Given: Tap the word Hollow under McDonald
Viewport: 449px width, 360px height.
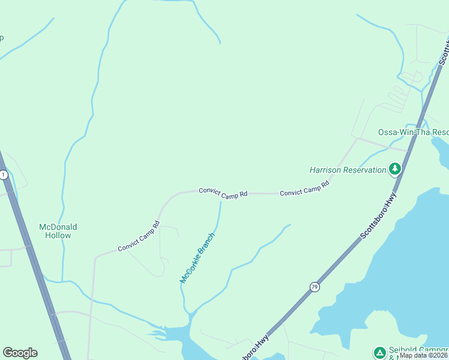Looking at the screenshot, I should coord(58,235).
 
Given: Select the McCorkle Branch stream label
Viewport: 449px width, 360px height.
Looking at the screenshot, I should coord(197,258).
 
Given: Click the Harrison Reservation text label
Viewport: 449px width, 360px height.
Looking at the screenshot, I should coord(348,170).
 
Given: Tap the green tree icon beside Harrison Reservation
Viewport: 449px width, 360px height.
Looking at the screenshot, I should coord(394,169).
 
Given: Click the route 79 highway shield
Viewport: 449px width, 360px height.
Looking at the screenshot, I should coord(315,287).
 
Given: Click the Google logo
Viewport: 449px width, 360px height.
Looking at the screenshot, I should coord(20,353).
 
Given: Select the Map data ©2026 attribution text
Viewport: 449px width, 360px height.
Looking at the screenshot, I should coord(424,355).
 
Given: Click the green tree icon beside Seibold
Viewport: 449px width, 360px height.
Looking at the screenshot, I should coord(379,353).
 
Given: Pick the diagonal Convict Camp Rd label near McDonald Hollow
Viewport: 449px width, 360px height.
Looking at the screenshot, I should coord(139,237).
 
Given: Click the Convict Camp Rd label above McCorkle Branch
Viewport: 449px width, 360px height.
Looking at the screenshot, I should coord(223,193).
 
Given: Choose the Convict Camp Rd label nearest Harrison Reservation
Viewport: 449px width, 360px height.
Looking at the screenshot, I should coord(305,189).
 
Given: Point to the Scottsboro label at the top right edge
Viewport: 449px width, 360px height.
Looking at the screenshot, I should coord(445,51).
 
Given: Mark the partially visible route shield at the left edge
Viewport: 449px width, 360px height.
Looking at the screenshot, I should coord(3,175).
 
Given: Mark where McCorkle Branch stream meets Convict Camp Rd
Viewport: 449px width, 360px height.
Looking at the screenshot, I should coord(221,194).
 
